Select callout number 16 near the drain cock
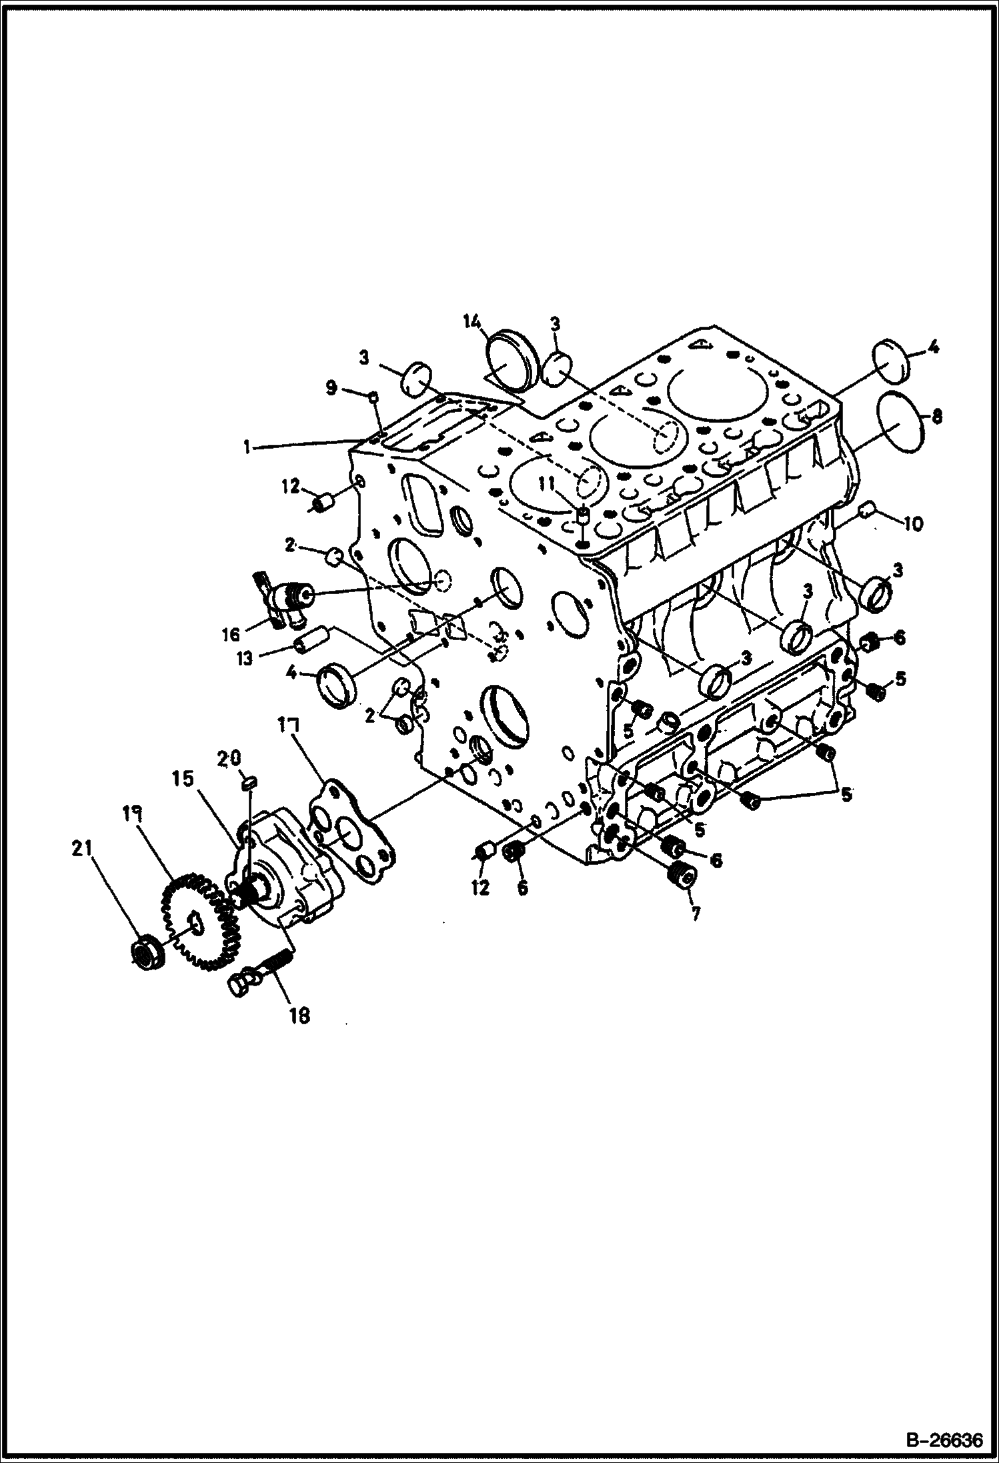tap(231, 634)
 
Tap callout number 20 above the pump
tap(232, 759)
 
